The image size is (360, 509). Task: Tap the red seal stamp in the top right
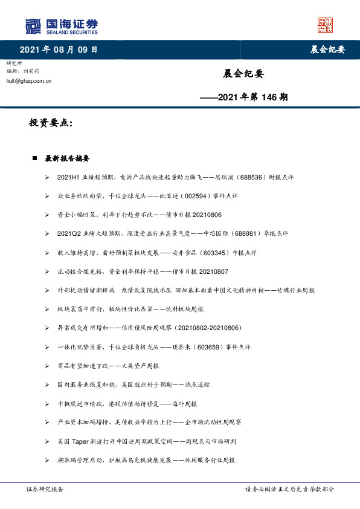tap(326, 25)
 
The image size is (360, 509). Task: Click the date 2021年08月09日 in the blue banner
tap(59, 50)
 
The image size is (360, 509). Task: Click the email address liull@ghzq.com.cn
tap(28, 80)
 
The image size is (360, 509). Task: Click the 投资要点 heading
tap(51, 123)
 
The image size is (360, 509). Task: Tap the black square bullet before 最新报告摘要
tap(35, 158)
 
